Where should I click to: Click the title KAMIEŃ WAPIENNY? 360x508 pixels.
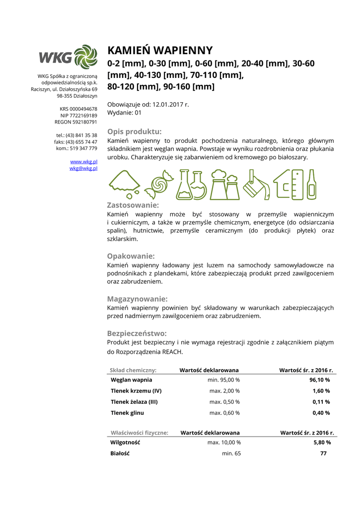[160, 51]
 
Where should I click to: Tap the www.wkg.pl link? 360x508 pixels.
[83, 162]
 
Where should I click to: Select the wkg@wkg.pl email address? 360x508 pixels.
[83, 168]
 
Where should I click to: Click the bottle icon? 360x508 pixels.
[312, 184]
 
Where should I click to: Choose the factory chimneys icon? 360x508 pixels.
[226, 184]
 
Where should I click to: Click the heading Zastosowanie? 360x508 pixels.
[133, 205]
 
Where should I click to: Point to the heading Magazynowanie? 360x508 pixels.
[137, 299]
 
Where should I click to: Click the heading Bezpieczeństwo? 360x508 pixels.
[137, 333]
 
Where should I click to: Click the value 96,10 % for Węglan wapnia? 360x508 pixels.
[320, 380]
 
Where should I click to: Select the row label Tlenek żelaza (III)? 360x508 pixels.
[134, 402]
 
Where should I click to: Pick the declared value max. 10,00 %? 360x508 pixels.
[224, 442]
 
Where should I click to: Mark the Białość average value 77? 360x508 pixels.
[323, 453]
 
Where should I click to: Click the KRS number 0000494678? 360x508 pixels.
[83, 109]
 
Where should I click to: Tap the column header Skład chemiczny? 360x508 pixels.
[133, 370]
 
